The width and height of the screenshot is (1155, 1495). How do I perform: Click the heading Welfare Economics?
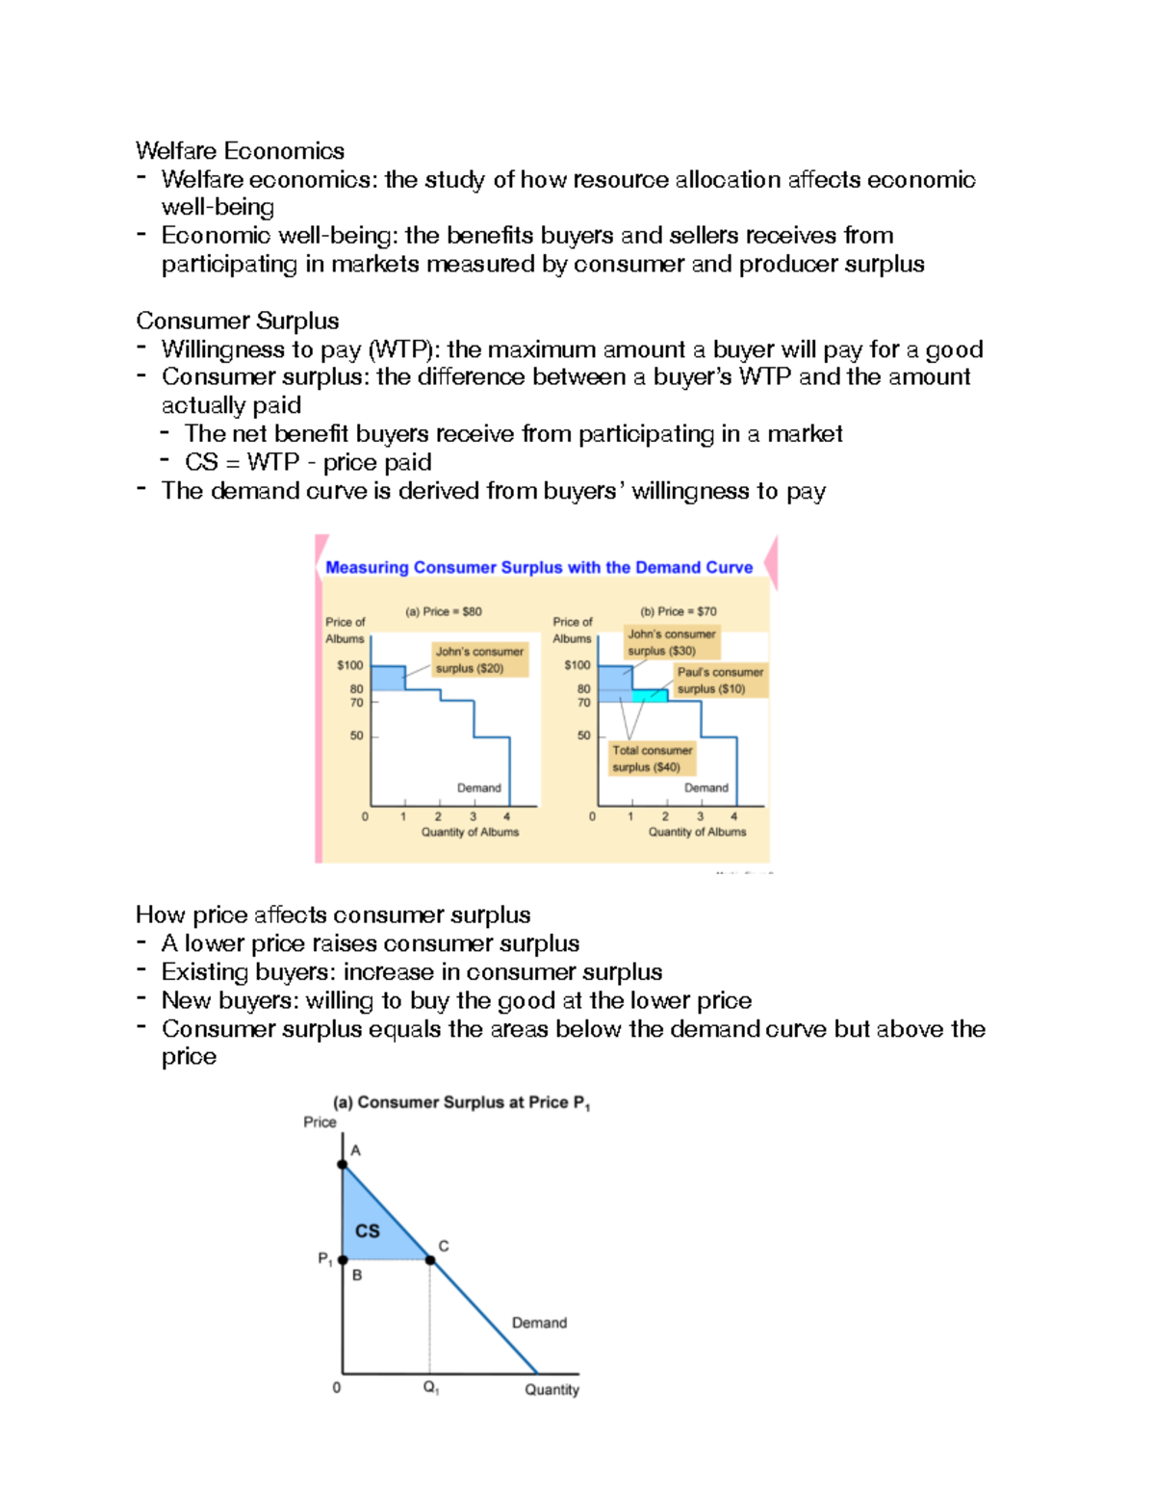[x=240, y=151]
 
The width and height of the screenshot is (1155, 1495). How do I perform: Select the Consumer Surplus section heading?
[x=237, y=321]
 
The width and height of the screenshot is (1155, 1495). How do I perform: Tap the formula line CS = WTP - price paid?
[x=308, y=462]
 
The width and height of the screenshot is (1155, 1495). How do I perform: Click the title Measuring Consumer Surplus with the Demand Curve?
[x=539, y=568]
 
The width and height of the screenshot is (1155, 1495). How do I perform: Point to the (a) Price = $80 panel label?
[x=444, y=611]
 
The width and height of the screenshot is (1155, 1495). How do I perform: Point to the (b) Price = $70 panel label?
[x=678, y=611]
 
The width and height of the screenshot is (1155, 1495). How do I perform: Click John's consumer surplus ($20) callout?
[x=479, y=659]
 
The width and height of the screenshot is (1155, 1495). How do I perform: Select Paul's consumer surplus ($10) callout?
[x=720, y=681]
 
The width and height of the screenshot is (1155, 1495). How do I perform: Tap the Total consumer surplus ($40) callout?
[x=652, y=759]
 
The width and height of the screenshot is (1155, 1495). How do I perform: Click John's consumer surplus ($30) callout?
[x=671, y=642]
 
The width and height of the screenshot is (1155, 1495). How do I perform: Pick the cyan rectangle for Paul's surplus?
[x=650, y=695]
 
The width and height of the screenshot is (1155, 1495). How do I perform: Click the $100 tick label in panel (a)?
[x=349, y=665]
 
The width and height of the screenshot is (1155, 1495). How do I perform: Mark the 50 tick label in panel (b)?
[x=583, y=735]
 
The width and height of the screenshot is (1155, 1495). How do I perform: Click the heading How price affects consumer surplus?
[x=333, y=915]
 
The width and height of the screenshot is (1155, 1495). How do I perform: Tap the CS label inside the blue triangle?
[x=367, y=1231]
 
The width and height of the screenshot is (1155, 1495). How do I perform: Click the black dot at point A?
[x=343, y=1165]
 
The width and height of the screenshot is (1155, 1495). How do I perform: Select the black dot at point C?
[x=430, y=1259]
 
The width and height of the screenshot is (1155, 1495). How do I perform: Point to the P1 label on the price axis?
[x=325, y=1259]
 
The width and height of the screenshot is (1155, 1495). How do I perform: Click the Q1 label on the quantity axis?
[x=431, y=1388]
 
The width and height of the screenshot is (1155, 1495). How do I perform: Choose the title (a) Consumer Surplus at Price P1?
[x=461, y=1103]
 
